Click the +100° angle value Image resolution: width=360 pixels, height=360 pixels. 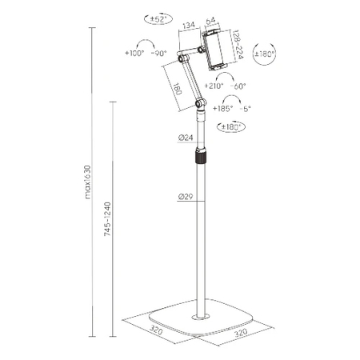(x=137, y=54)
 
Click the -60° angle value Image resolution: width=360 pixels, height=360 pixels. (x=238, y=85)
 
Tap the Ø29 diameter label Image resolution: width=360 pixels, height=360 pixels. (x=183, y=196)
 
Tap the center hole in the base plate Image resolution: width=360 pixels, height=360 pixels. (x=199, y=316)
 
